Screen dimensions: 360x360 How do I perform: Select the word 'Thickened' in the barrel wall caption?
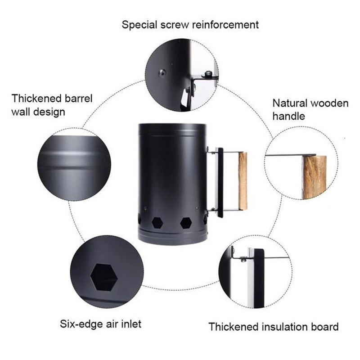pyautogui.click(x=36, y=98)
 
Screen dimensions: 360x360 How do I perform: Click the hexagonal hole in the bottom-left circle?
pyautogui.click(x=104, y=277)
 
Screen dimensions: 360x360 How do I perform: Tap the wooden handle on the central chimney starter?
pyautogui.click(x=243, y=181)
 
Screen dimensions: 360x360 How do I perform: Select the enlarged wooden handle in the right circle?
pyautogui.click(x=315, y=177)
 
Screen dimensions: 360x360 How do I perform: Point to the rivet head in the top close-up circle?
pyautogui.click(x=162, y=73)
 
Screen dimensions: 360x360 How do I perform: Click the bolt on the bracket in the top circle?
pyautogui.click(x=208, y=74)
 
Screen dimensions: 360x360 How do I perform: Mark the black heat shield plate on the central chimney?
pyautogui.click(x=220, y=183)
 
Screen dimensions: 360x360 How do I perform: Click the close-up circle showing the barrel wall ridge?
pyautogui.click(x=74, y=165)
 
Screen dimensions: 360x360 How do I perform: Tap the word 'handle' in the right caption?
pyautogui.click(x=288, y=116)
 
